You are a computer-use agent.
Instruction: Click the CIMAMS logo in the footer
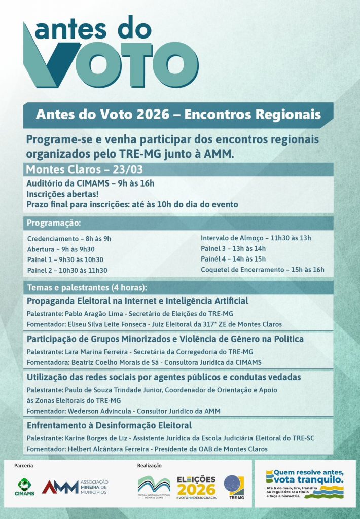(x=24, y=488)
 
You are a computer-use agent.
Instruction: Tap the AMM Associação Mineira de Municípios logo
(x=75, y=487)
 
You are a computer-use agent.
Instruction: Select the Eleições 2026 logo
(x=196, y=487)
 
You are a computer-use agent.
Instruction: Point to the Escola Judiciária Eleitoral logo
(x=154, y=487)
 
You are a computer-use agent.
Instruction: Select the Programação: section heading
(x=54, y=223)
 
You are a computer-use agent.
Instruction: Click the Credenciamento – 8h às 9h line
(x=69, y=238)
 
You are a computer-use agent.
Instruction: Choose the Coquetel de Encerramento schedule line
(x=262, y=270)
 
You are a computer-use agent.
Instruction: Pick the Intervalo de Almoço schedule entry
(x=256, y=238)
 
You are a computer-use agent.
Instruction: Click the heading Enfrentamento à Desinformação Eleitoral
(x=109, y=425)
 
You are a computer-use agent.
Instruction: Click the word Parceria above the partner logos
(x=24, y=465)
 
